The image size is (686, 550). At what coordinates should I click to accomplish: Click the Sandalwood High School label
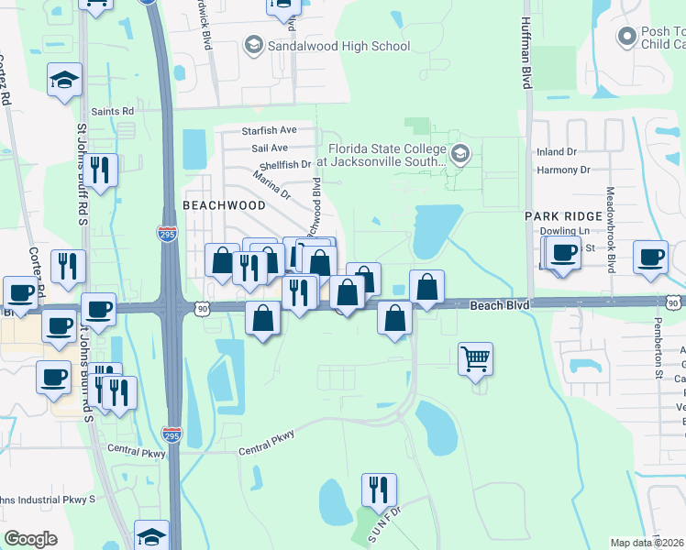coord(338,45)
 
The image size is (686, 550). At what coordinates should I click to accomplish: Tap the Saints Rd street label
coord(114,111)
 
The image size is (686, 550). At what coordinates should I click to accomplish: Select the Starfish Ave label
coord(269,130)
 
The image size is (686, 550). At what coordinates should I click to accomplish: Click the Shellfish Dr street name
coord(284,165)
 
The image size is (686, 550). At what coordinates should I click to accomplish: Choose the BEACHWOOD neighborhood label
coord(224,205)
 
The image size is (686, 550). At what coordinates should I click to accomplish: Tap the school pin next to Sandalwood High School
coord(253,44)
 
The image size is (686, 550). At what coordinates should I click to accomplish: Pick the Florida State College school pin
coord(460,152)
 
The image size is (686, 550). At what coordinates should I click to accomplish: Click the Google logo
coord(30,539)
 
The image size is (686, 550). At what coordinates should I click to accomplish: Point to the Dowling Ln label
coord(562,232)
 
